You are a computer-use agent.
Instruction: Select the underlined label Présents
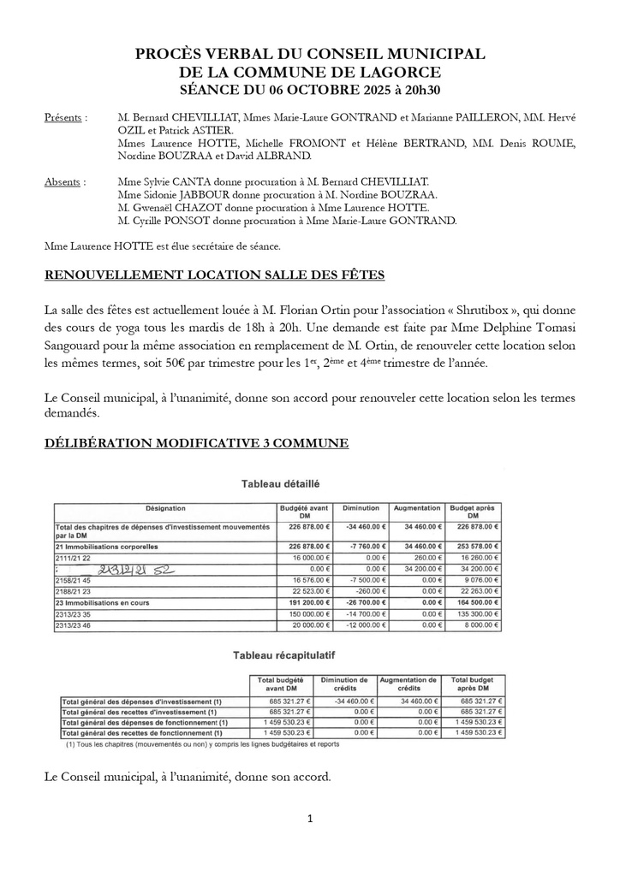click(65, 117)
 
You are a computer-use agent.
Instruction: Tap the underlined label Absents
click(64, 182)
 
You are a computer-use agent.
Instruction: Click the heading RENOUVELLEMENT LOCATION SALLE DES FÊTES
click(214, 275)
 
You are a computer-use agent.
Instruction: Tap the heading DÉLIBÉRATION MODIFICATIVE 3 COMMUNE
click(196, 443)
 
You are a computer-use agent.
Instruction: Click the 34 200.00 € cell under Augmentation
click(418, 568)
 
